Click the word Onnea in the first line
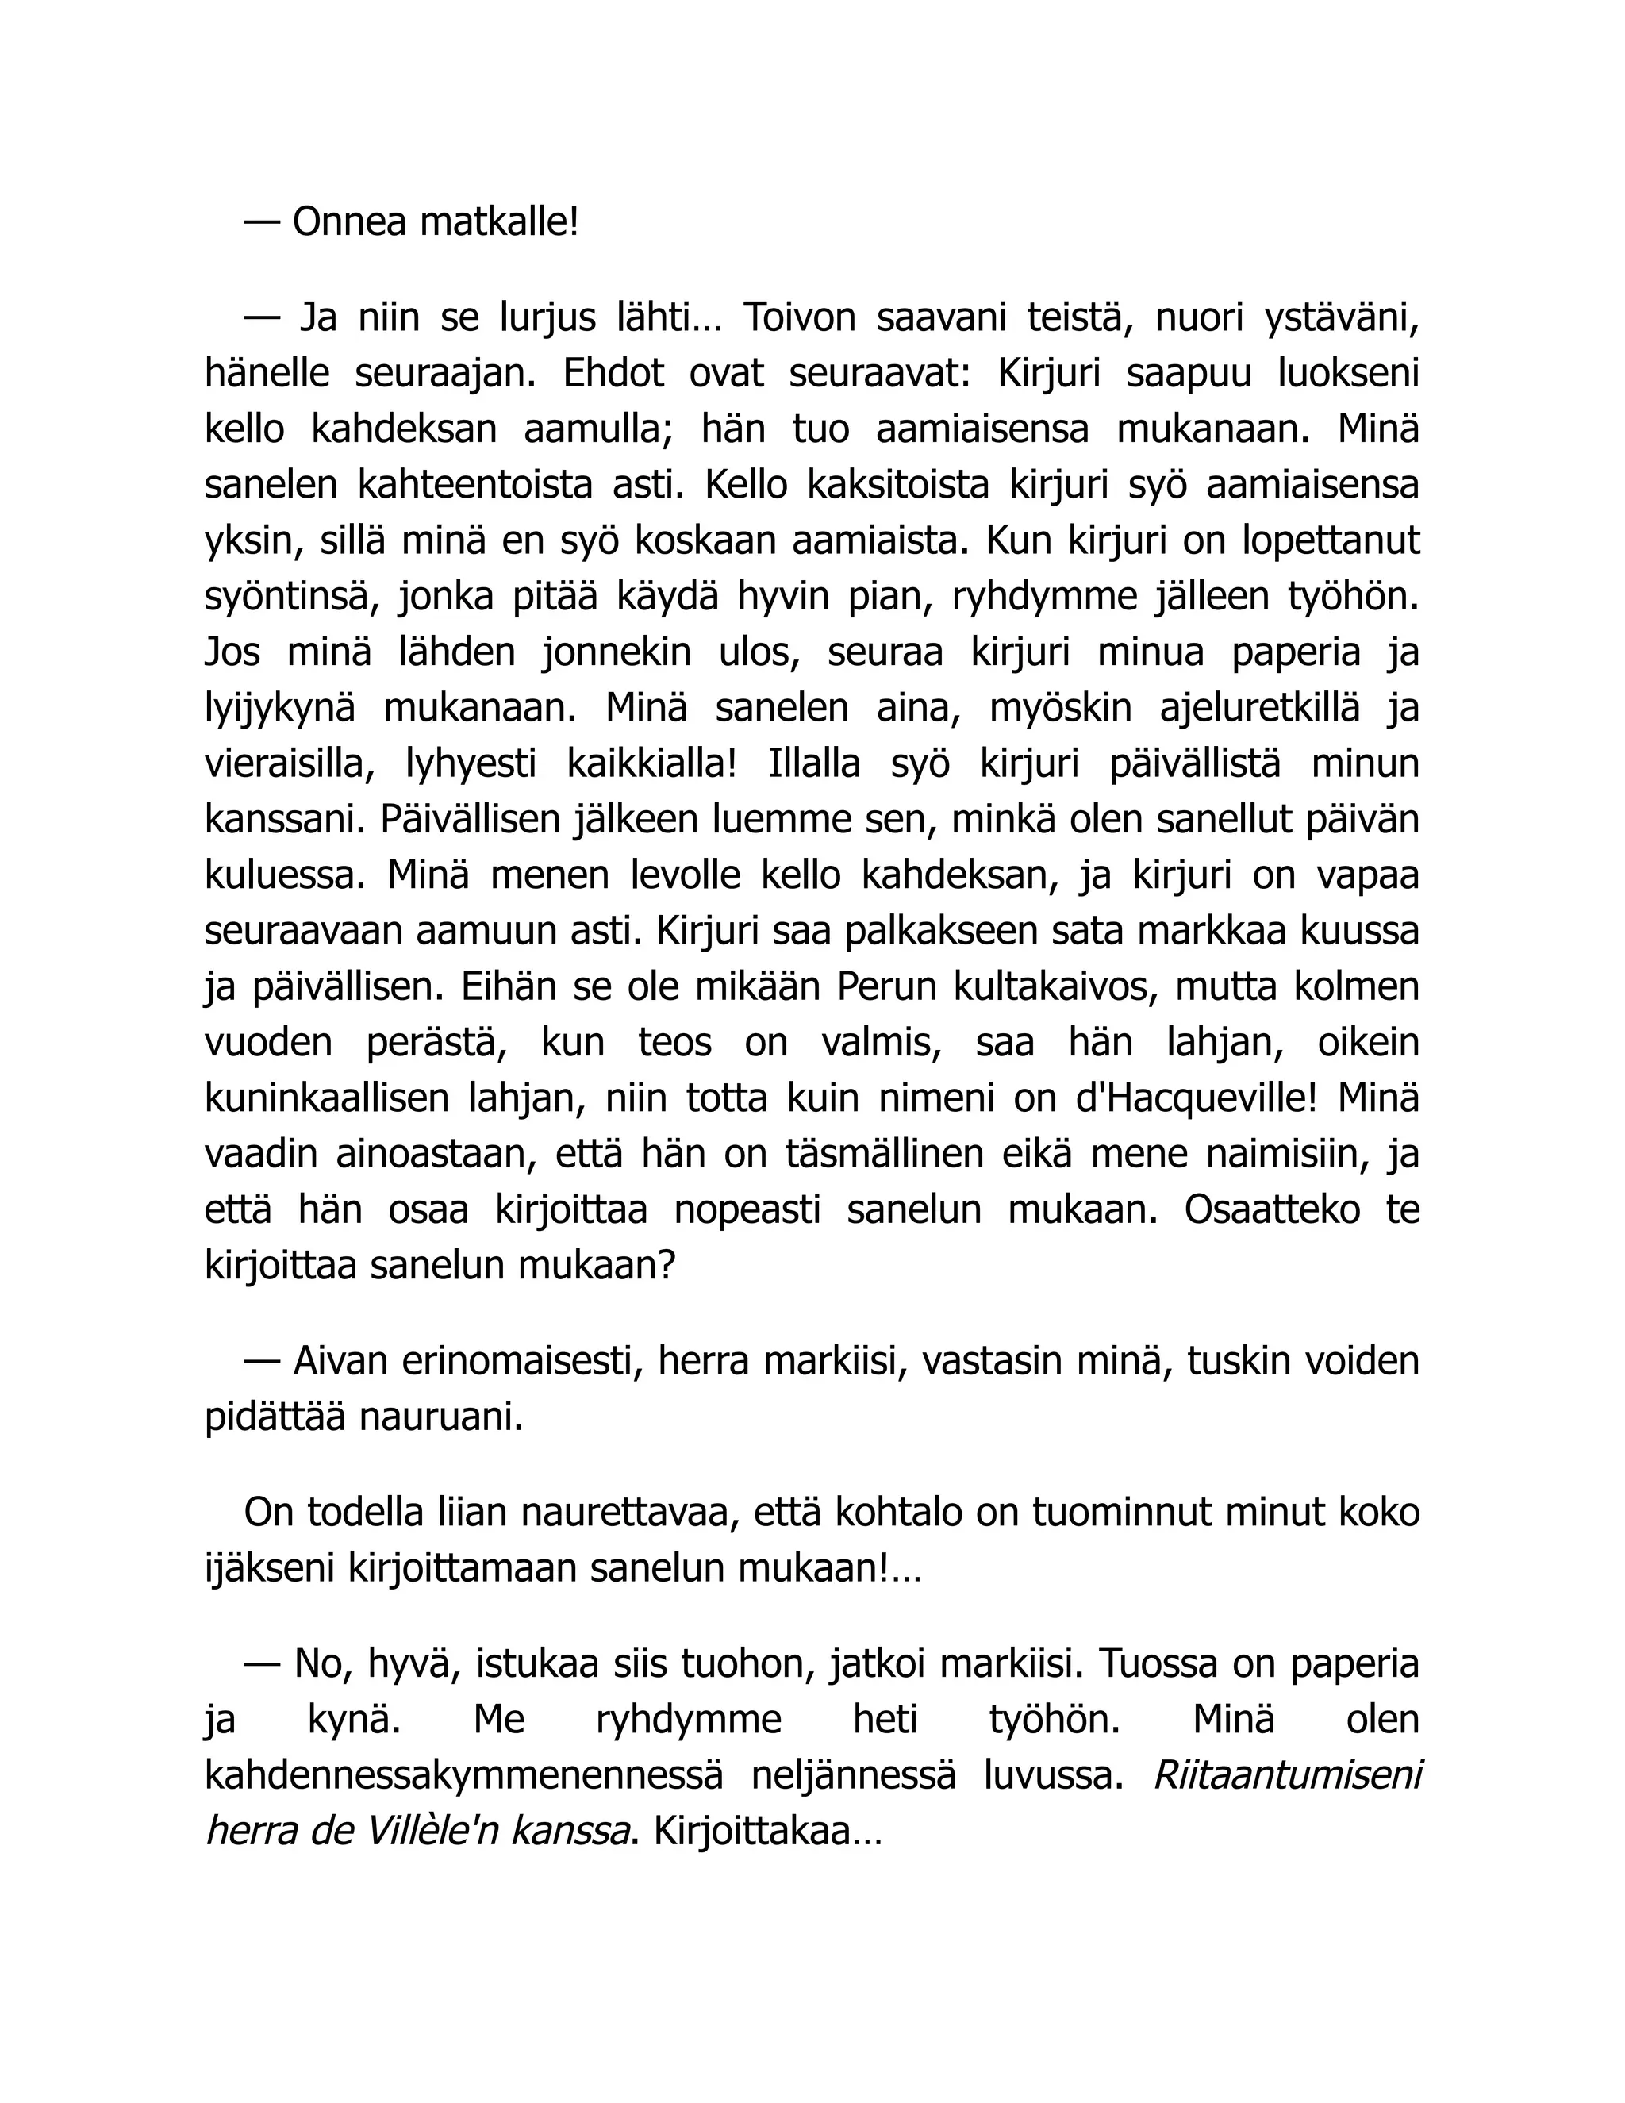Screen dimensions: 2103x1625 pos(348,222)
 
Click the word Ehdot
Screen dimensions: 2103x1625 pos(613,373)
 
